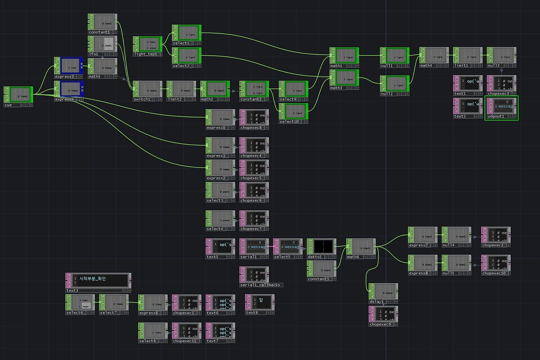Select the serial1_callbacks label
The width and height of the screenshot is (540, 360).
(x=260, y=285)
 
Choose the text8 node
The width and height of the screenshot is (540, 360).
(x=260, y=303)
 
